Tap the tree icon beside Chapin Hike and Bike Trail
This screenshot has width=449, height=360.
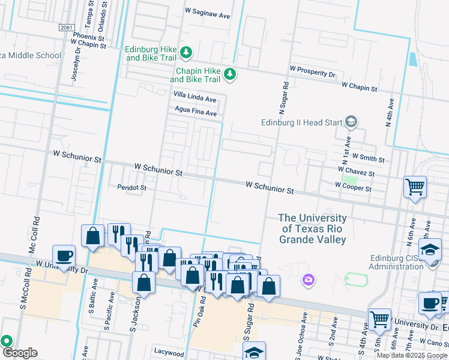coord(229,74)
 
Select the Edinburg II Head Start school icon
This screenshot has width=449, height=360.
coord(352,123)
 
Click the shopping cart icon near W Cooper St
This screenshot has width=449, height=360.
coord(415,187)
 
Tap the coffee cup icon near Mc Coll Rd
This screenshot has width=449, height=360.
coord(64,256)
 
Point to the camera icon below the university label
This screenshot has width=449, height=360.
coord(309,279)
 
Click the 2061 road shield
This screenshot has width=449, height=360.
coord(67,27)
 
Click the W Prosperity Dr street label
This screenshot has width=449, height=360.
coord(312,73)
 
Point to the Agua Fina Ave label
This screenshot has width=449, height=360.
coord(195,112)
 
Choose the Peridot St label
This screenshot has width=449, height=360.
coord(132,188)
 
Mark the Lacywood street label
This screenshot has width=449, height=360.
coord(169,353)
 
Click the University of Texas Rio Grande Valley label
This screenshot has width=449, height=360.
coord(313,229)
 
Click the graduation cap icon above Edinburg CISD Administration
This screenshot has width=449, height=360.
coord(430,249)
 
